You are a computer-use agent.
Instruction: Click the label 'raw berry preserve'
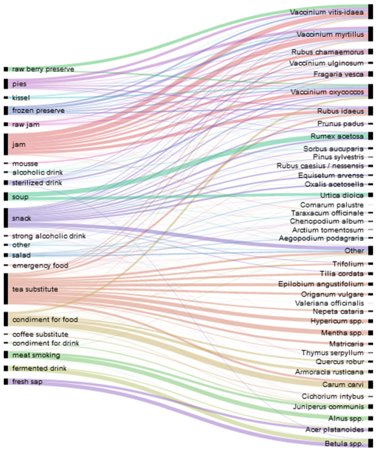coord(43,69)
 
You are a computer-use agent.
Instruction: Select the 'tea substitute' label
coord(35,289)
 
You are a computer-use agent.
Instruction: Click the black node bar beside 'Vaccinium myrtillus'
coord(370,34)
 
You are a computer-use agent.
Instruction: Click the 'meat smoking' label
coord(36,355)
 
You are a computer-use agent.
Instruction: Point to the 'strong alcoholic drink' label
coord(49,236)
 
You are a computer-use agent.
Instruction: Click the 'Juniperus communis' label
coord(335,407)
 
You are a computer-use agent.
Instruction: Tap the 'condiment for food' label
coord(44,320)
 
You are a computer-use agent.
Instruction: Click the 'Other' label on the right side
coord(354,251)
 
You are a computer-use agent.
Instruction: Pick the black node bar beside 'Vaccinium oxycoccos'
coord(370,92)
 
